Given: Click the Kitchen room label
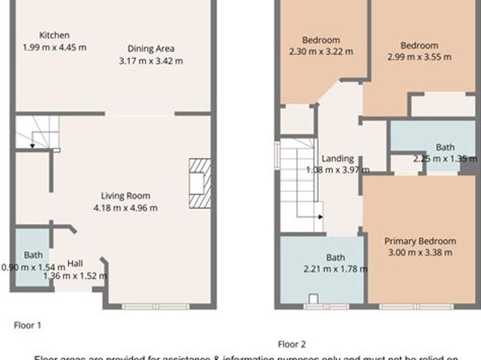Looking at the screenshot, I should point(54,35).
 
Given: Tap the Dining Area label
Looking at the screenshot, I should point(150,48).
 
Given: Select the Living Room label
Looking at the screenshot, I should point(125,195).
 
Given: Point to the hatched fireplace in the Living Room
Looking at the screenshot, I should point(199,183).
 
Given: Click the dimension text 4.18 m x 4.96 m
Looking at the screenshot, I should point(125,207).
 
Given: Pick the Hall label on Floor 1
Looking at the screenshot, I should point(75,263).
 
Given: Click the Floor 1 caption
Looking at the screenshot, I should point(28,325).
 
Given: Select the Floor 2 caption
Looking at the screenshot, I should point(292,344).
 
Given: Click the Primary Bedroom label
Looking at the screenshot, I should point(419,241).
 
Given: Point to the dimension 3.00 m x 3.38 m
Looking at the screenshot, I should point(419,253).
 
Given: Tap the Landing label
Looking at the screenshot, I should point(337,159).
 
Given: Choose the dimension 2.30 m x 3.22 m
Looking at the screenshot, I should point(321,52).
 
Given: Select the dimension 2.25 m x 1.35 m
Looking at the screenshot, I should point(445,159).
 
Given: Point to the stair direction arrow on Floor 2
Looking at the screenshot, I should point(319,217).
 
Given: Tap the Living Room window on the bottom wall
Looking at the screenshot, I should point(156,307).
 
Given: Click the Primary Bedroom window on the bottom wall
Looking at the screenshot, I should point(416,307).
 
